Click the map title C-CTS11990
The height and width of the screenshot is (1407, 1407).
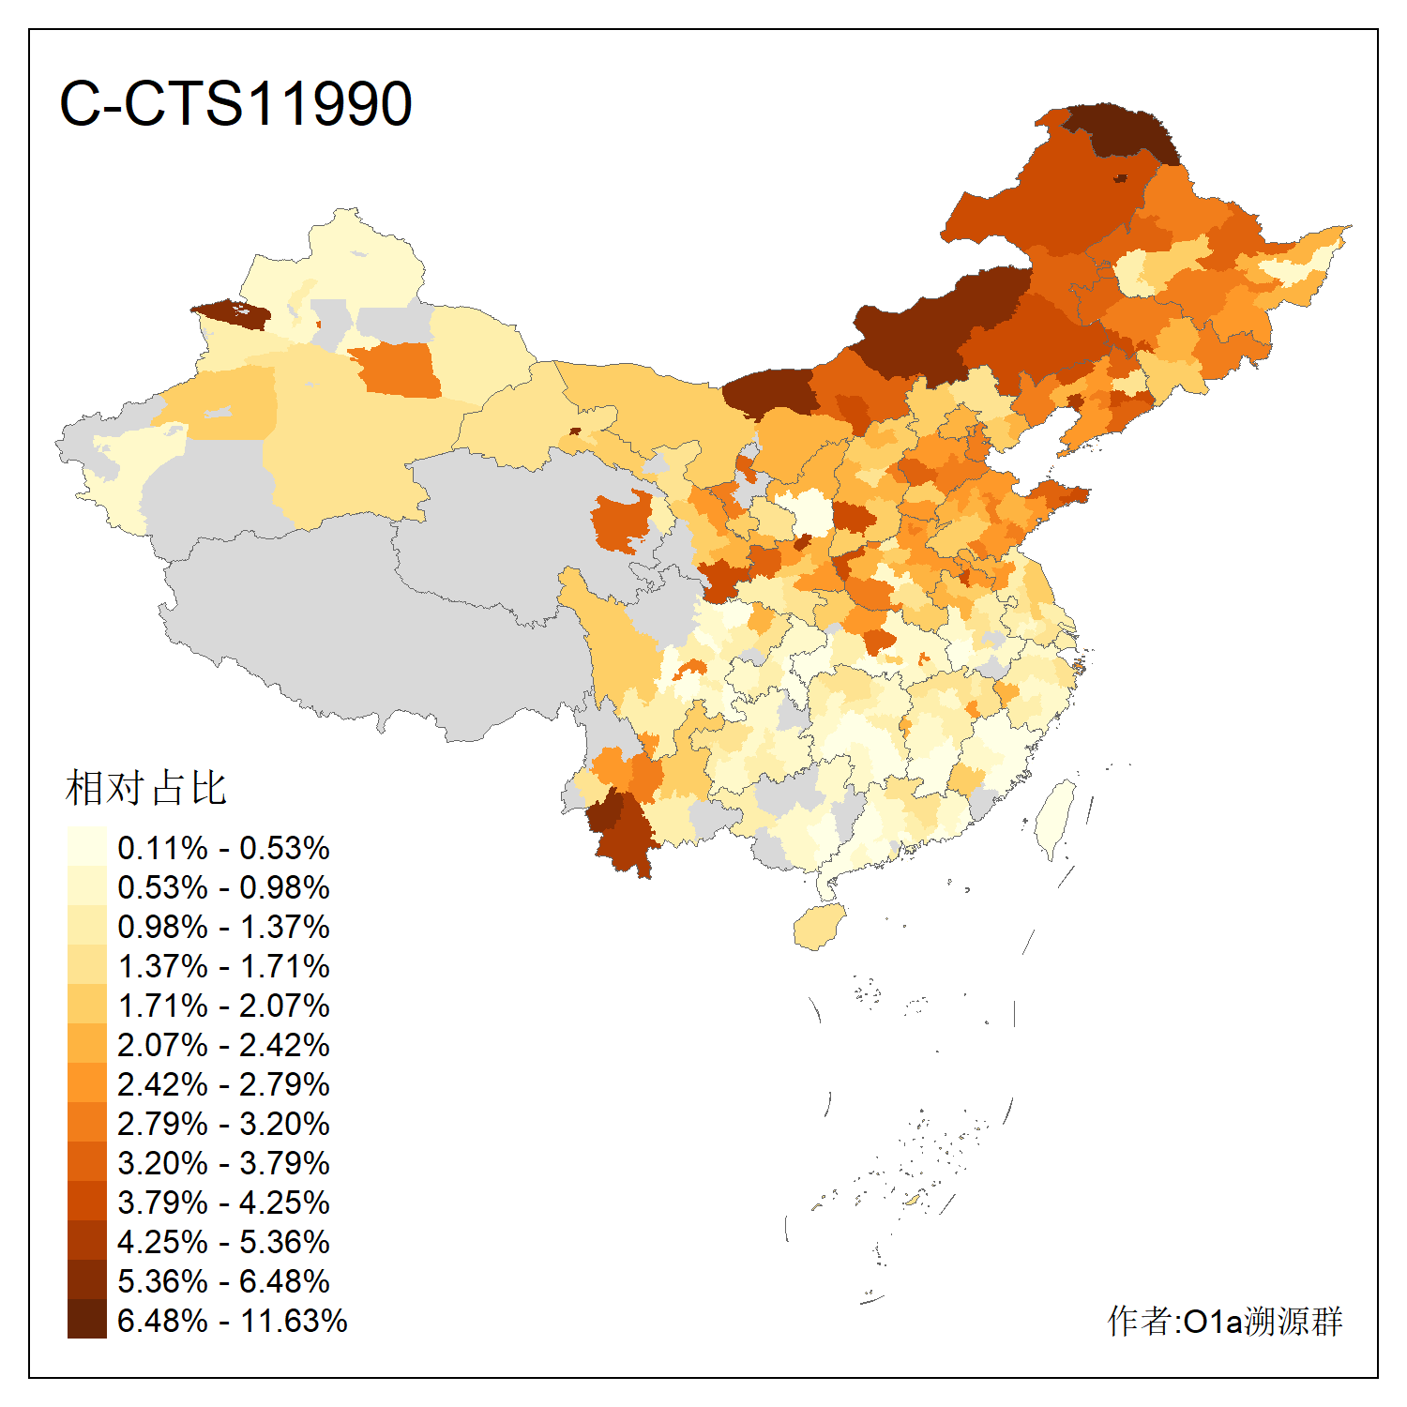235,103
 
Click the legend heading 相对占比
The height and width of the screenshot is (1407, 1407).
146,788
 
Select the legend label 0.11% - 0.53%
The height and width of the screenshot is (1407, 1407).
223,848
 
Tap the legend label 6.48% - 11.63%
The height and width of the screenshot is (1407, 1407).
232,1321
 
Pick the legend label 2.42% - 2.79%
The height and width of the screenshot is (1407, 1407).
223,1084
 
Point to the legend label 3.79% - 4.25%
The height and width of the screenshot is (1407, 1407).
223,1203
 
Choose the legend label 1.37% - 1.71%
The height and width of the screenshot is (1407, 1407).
223,966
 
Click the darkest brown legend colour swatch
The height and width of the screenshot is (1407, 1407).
86,1320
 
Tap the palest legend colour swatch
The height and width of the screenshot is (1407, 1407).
86,847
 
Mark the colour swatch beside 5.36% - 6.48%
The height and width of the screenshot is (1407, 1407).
86,1280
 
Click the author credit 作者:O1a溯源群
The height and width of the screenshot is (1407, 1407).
1224,1321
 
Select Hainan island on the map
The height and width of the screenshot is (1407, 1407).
819,926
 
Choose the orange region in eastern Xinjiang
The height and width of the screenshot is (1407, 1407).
399,369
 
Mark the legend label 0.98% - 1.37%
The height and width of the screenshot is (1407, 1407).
223,927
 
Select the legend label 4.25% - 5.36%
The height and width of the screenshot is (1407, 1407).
223,1242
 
